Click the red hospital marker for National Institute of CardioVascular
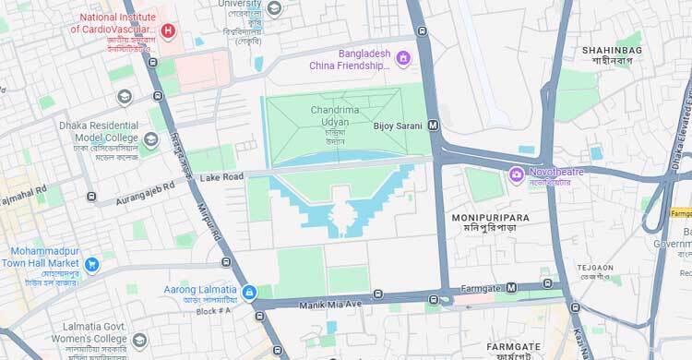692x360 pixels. tap(167, 30)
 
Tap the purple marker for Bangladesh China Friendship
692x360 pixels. tap(402, 59)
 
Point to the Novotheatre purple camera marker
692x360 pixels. tap(517, 174)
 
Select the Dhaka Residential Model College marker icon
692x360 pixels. tap(150, 139)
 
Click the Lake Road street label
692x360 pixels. tap(221, 176)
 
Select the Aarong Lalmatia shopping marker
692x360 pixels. tap(248, 294)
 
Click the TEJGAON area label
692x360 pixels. tap(595, 268)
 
